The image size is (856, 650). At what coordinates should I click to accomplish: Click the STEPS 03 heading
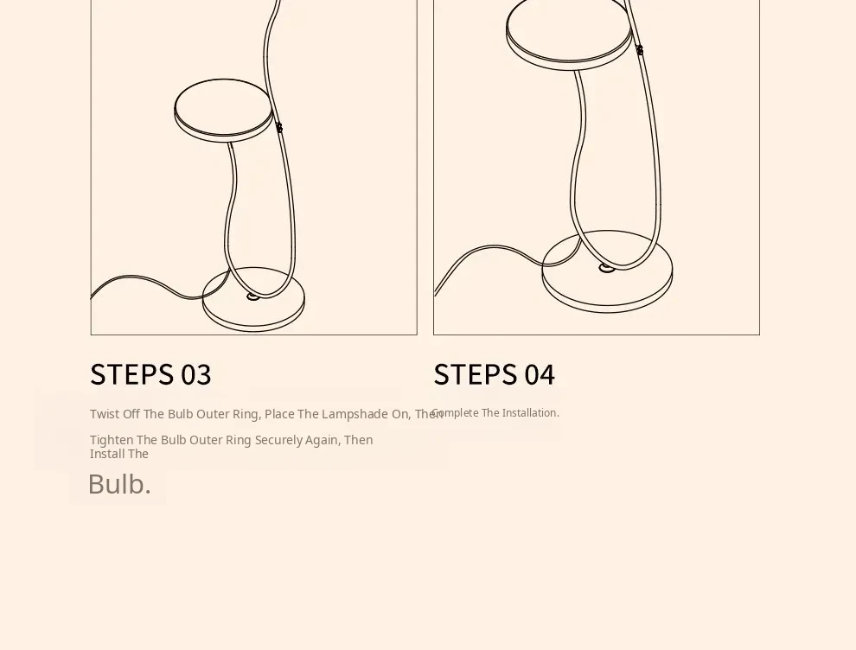click(x=150, y=374)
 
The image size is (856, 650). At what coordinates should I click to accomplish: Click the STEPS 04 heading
click(x=494, y=374)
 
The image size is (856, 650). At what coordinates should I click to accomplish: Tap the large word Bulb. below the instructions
click(x=119, y=484)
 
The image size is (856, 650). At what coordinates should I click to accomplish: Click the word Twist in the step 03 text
click(x=105, y=414)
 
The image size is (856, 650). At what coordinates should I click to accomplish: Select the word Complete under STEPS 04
click(x=456, y=412)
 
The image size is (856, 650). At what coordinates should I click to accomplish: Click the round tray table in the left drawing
click(x=223, y=111)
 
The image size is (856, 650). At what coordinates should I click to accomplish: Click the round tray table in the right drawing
click(x=570, y=34)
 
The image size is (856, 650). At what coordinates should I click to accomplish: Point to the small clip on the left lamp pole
click(x=279, y=128)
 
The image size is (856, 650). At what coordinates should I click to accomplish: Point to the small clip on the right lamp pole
click(x=640, y=50)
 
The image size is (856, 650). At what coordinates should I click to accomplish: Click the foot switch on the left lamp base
click(x=252, y=296)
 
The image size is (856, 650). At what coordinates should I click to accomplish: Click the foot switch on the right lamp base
click(x=606, y=267)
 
